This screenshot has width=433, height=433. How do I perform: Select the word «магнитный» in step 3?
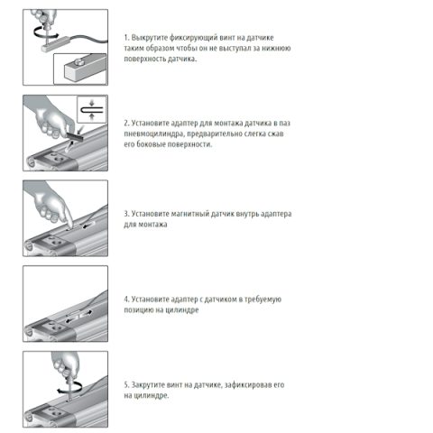(x=189, y=214)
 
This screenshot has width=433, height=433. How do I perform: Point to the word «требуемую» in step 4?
(x=263, y=299)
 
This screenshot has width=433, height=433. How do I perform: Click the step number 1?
(x=126, y=38)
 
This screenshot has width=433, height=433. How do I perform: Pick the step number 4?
(x=126, y=299)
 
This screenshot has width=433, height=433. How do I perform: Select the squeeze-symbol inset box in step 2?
(x=92, y=109)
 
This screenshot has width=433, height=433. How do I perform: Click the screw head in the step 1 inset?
(x=80, y=62)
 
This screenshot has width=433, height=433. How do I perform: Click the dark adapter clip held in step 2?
(x=75, y=136)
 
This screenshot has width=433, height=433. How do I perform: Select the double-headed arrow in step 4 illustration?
(x=79, y=317)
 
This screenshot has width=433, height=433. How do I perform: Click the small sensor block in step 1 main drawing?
(x=55, y=43)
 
